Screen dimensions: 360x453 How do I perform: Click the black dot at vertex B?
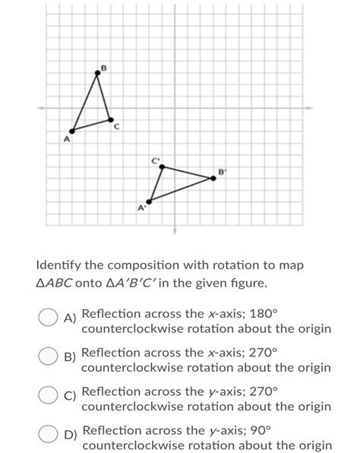tap(97, 73)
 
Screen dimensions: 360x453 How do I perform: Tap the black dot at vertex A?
tap(73, 130)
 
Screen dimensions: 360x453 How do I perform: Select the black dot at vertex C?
tap(111, 119)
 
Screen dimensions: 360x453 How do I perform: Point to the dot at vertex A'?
tap(149, 201)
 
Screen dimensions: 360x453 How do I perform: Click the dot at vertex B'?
tap(213, 179)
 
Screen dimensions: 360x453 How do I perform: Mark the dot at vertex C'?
tap(162, 166)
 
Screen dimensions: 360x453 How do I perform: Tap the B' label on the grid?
tap(222, 172)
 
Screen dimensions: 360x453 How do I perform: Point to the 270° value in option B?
tap(265, 353)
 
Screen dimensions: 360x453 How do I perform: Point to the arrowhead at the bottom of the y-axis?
tap(174, 230)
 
